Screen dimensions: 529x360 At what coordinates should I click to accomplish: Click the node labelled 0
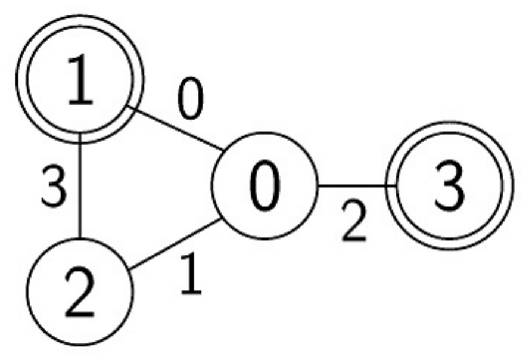(265, 185)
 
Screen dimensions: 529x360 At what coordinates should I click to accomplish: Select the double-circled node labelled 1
(80, 79)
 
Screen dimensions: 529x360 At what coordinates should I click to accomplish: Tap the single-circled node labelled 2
(80, 292)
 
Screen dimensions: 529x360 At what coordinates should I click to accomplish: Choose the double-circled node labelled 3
(450, 185)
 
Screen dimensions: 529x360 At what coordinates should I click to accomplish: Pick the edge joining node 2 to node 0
(175, 244)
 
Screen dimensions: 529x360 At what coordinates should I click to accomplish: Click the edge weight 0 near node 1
(191, 98)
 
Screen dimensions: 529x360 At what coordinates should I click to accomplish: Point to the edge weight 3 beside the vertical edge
(54, 186)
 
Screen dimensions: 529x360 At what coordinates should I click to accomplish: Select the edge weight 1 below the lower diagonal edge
(191, 274)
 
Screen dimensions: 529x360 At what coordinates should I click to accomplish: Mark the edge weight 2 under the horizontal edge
(354, 221)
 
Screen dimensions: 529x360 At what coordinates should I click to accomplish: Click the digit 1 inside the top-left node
(80, 79)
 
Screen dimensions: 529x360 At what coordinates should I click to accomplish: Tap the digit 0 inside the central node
(265, 185)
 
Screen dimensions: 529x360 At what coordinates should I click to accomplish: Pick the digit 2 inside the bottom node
(79, 292)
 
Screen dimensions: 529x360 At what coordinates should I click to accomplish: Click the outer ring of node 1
(80, 15)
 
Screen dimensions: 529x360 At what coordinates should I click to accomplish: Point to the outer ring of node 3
(450, 122)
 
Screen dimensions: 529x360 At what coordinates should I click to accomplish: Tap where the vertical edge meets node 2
(80, 238)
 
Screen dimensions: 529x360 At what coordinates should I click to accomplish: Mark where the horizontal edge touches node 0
(319, 185)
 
